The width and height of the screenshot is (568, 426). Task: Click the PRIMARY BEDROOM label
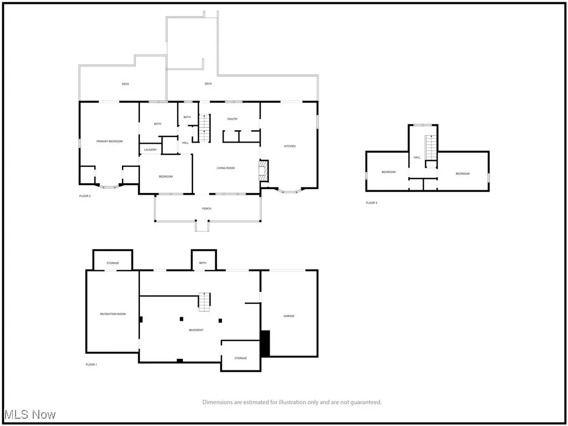[109, 141]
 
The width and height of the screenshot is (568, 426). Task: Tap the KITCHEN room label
[290, 146]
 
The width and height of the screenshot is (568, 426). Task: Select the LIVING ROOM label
[226, 168]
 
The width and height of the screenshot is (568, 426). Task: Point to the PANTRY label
[232, 119]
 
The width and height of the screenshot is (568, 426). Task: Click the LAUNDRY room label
[150, 150]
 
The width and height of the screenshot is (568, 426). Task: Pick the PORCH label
[207, 209]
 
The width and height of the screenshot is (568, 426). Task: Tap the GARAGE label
[289, 316]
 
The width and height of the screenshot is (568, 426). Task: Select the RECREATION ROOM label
[113, 314]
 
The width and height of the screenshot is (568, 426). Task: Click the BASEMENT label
[196, 330]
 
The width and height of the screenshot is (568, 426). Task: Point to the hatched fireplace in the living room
[264, 171]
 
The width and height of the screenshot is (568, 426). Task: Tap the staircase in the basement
[205, 301]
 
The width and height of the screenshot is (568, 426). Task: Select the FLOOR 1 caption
[91, 364]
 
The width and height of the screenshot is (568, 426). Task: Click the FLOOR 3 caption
[371, 202]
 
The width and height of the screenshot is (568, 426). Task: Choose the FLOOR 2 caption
[85, 196]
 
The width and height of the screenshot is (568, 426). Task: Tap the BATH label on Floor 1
[202, 263]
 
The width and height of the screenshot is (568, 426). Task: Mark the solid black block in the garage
[265, 343]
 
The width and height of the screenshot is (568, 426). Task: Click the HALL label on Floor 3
[417, 158]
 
